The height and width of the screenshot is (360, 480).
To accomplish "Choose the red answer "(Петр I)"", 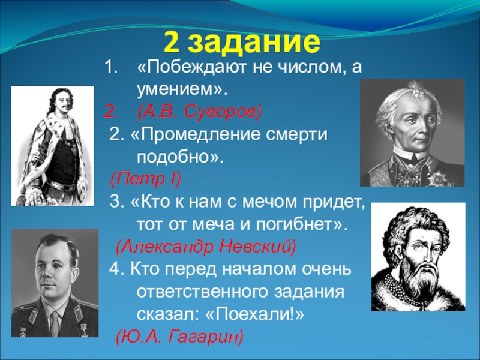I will [145, 179].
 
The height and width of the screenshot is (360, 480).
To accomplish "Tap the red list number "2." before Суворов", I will [111, 111].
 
